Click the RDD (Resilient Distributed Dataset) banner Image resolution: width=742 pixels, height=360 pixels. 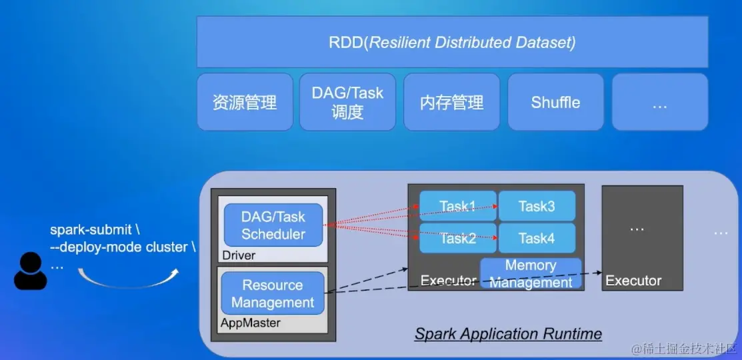pyautogui.click(x=452, y=43)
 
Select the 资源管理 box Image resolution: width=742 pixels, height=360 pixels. pyautogui.click(x=245, y=102)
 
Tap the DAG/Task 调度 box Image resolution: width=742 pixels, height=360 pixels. pyautogui.click(x=347, y=102)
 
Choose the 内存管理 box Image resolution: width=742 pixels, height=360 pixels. pyautogui.click(x=451, y=102)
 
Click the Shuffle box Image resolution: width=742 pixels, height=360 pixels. pyautogui.click(x=555, y=102)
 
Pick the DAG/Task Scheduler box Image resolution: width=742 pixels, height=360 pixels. pyautogui.click(x=273, y=225)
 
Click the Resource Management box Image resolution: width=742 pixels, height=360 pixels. pyautogui.click(x=272, y=293)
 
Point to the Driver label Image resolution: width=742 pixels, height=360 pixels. pyautogui.click(x=239, y=255)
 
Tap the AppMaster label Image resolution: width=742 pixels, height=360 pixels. pyautogui.click(x=250, y=323)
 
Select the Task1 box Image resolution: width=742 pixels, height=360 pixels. pyautogui.click(x=458, y=206)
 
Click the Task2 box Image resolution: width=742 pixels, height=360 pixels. pyautogui.click(x=458, y=238)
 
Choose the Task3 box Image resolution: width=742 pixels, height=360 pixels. pyautogui.click(x=537, y=206)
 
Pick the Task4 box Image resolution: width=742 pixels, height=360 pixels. pyautogui.click(x=537, y=238)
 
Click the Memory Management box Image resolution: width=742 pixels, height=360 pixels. pyautogui.click(x=531, y=273)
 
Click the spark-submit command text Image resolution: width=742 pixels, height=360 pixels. pyautogui.click(x=95, y=230)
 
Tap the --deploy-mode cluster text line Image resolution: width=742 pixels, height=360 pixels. pyautogui.click(x=123, y=247)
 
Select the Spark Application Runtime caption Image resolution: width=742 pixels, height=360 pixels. pyautogui.click(x=508, y=333)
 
